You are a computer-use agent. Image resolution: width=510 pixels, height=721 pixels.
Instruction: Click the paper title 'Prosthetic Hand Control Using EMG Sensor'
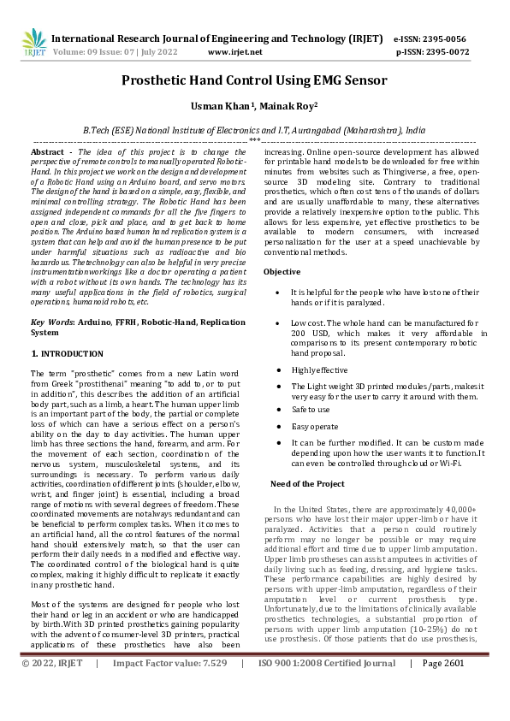254,81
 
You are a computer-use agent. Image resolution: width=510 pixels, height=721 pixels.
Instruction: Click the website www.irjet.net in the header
234,52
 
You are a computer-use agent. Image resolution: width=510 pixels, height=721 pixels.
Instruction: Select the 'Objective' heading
282,271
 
